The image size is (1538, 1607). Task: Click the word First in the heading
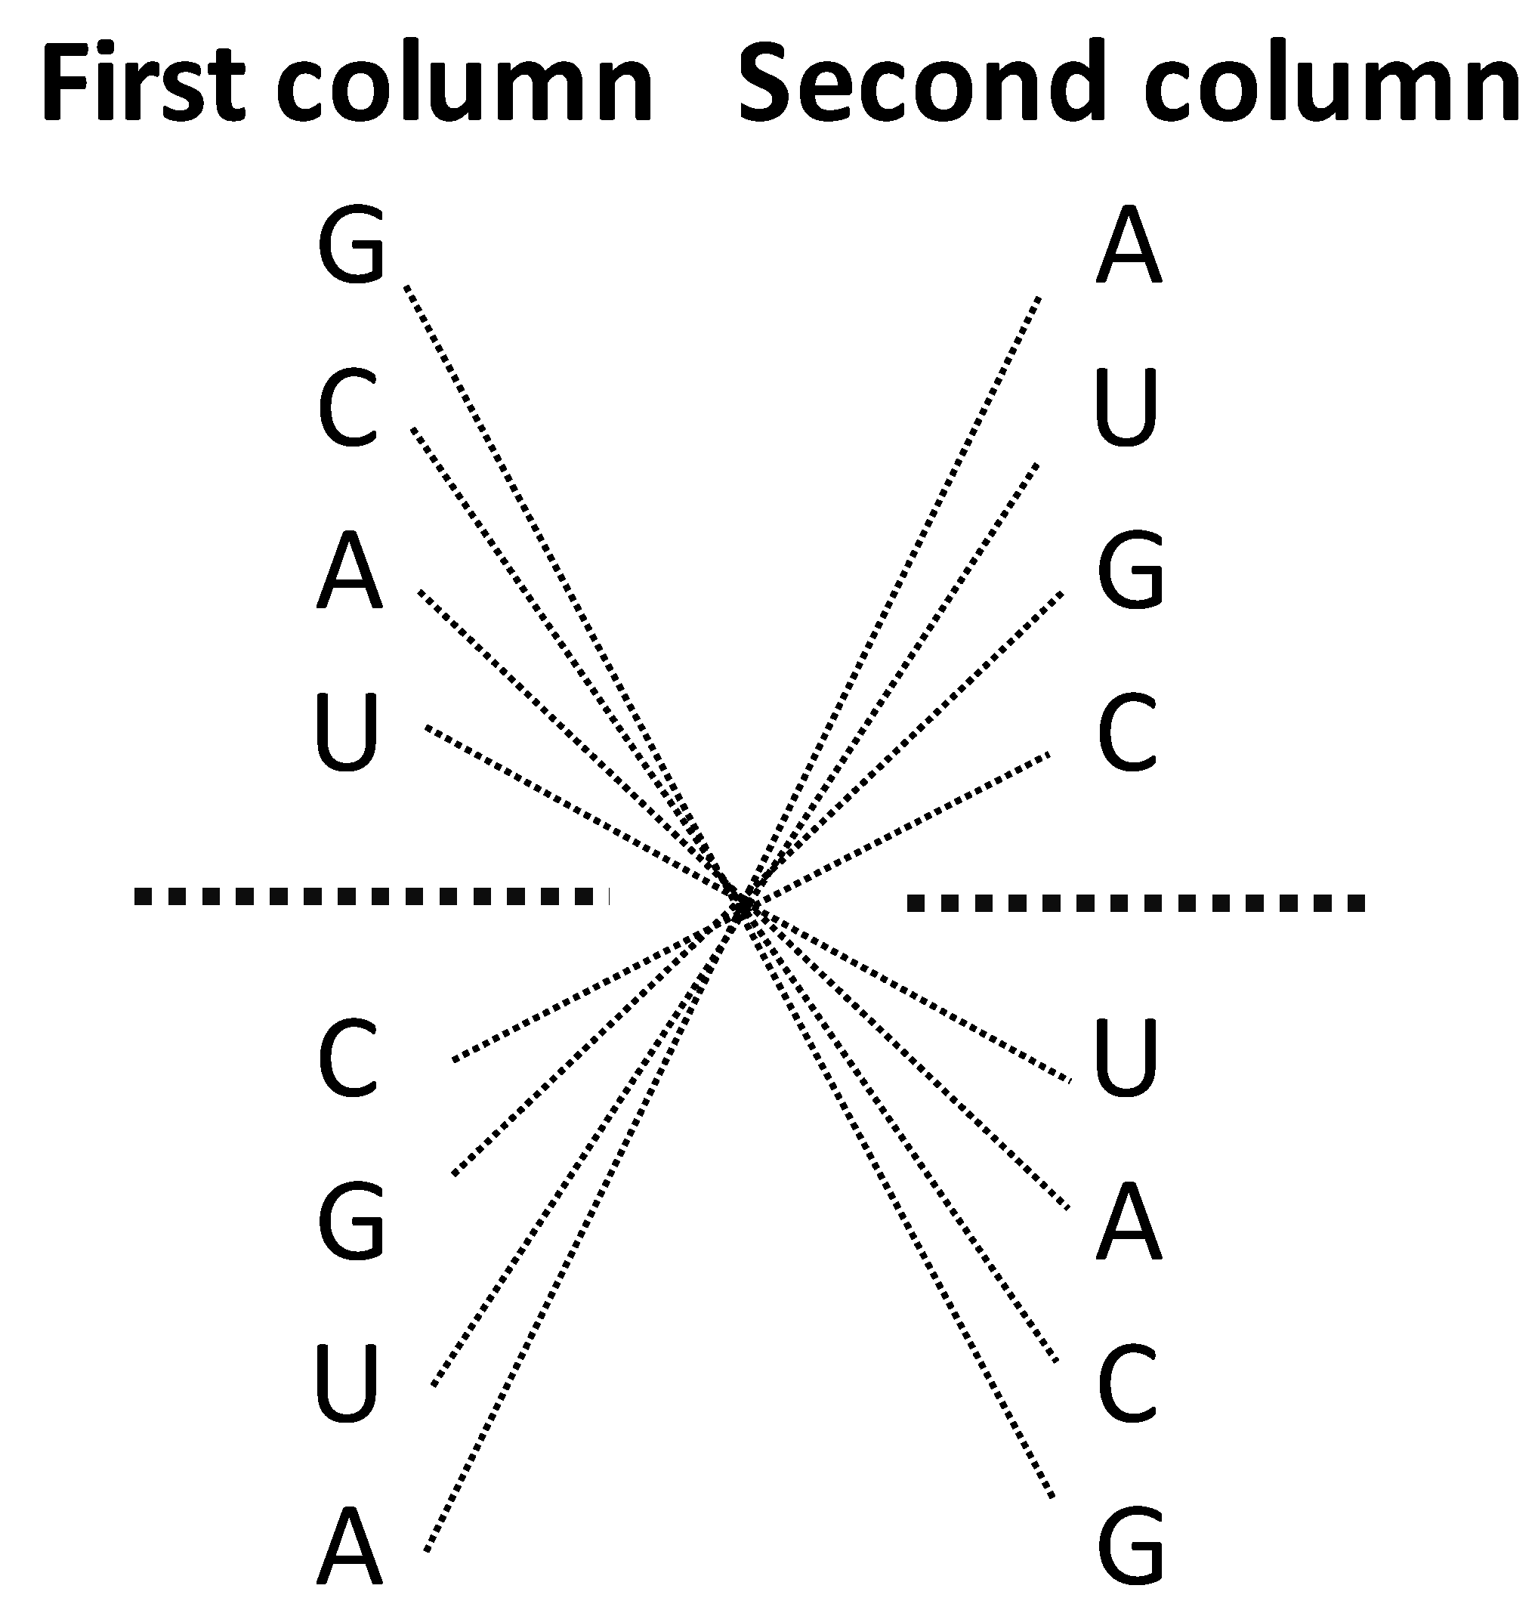coord(144,85)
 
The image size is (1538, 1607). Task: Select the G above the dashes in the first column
coord(351,245)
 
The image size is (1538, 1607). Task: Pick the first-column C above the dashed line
coord(347,407)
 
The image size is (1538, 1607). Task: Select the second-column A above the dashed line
coord(1129,245)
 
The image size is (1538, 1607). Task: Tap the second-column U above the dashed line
coord(1126,407)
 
